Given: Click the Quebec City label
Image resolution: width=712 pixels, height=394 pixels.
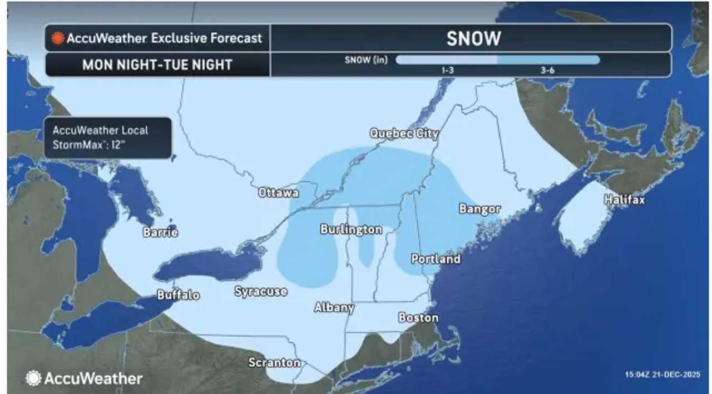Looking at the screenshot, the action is tap(404, 133).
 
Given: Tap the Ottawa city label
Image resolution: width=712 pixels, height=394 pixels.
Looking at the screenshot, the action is tap(279, 193).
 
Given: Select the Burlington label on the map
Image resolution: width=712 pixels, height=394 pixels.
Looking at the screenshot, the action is tap(351, 230).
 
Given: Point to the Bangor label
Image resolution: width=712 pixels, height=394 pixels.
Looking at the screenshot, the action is tap(479, 209).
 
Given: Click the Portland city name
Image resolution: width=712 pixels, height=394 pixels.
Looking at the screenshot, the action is tap(436, 259).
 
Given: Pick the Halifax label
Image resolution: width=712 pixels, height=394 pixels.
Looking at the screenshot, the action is tap(625, 200).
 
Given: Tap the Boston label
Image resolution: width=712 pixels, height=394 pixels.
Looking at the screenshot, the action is tap(418, 318).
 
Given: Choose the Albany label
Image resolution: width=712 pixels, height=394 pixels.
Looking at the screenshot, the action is tap(334, 307).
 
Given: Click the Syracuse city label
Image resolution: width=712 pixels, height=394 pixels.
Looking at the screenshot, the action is tap(260, 291).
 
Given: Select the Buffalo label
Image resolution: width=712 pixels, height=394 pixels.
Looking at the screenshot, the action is tap(178, 295).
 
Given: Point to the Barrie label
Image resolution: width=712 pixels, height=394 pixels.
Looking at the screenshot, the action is tap(160, 232).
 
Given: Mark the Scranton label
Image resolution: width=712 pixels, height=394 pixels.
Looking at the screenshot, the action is tap(274, 363).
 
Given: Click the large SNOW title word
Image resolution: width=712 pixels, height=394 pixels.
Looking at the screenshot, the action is tap(473, 38).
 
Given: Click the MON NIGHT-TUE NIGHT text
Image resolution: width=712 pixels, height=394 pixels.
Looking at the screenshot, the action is tap(157, 64).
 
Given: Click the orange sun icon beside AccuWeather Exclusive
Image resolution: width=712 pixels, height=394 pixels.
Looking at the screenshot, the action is tap(58, 38).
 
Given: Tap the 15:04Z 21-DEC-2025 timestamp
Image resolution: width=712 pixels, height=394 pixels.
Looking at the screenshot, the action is tap(662, 373).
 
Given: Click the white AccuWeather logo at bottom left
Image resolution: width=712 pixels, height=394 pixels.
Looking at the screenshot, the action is tap(83, 378).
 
